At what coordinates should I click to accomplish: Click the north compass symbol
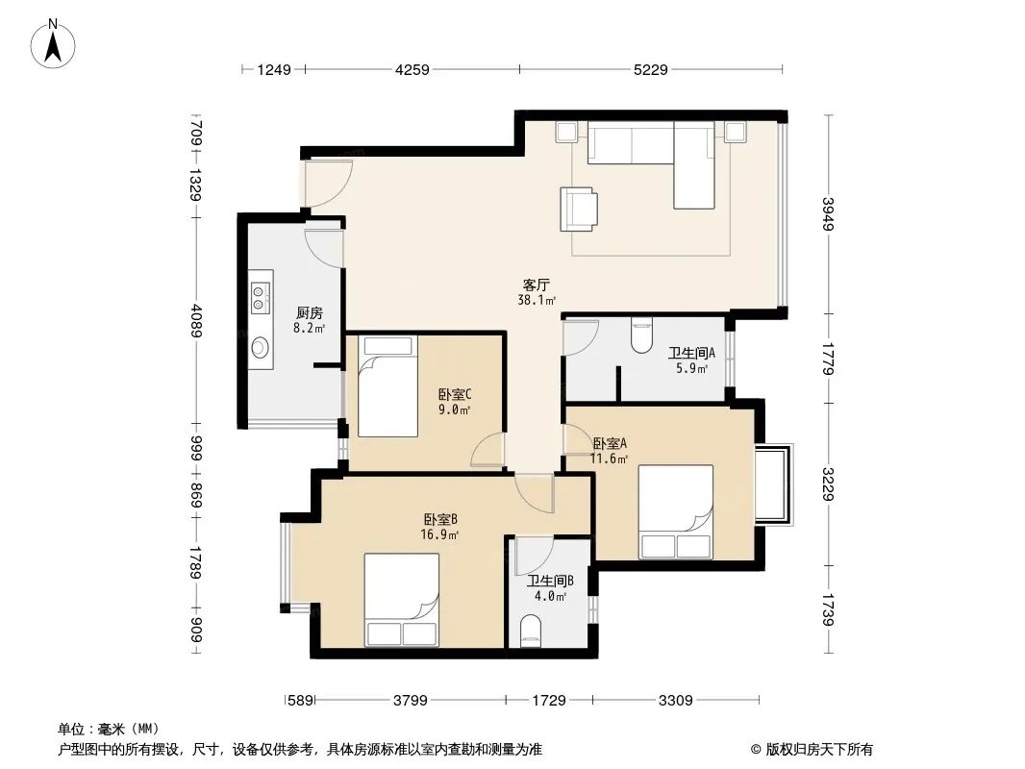click(53, 44)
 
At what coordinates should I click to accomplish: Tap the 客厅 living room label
click(536, 285)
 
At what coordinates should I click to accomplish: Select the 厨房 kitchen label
click(310, 313)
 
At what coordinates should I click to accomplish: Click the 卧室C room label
click(454, 395)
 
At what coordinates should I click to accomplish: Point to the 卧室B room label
click(440, 519)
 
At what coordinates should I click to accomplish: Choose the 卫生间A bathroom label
click(691, 353)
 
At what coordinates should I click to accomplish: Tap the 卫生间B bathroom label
click(550, 581)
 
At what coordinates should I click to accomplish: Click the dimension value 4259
click(412, 69)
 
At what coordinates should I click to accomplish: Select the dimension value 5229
click(651, 69)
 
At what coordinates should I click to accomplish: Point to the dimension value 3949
click(828, 213)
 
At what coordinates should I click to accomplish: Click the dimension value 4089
click(196, 320)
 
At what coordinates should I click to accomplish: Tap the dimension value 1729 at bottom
click(549, 701)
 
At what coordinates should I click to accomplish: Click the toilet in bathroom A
click(642, 335)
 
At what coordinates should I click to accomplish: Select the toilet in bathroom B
click(531, 632)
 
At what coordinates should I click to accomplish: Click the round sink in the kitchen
click(261, 346)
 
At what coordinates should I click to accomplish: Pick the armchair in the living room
click(579, 210)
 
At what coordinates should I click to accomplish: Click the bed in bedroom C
click(387, 386)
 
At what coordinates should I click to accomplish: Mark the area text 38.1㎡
click(537, 301)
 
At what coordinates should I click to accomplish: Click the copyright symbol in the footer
click(756, 750)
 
